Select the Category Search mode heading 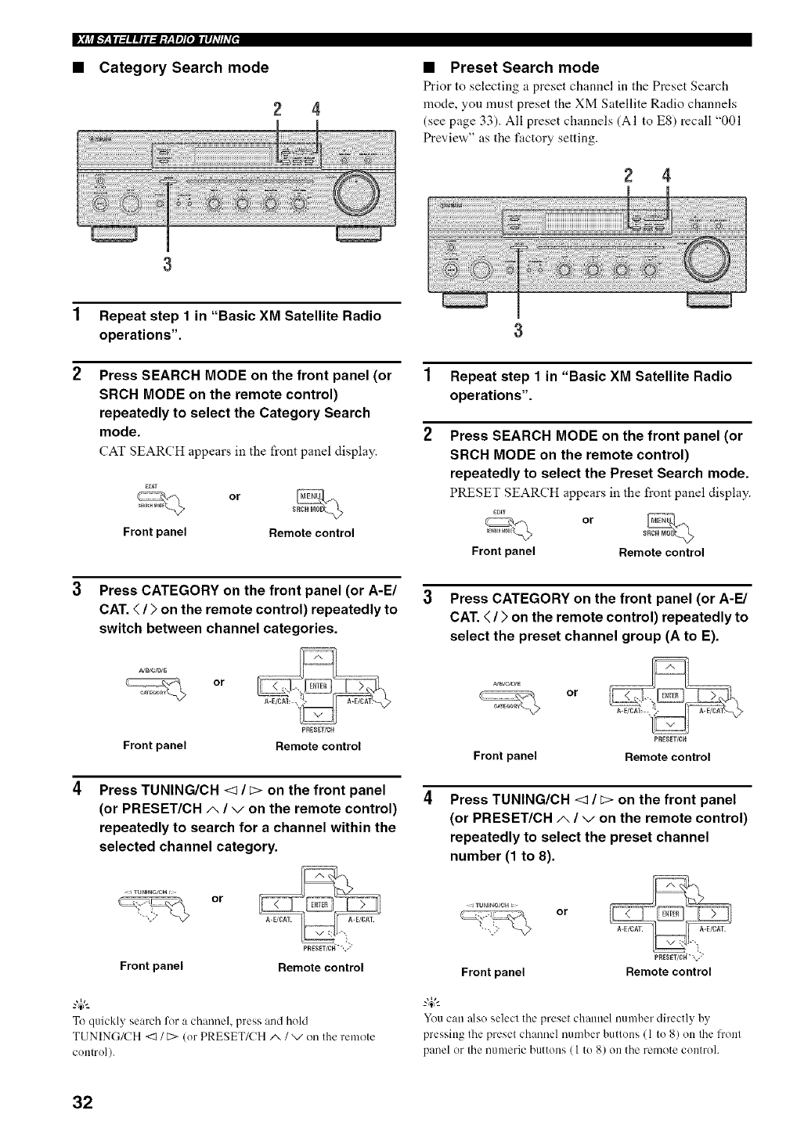(x=183, y=68)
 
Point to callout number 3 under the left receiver (x=167, y=261)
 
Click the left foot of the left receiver (x=115, y=233)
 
